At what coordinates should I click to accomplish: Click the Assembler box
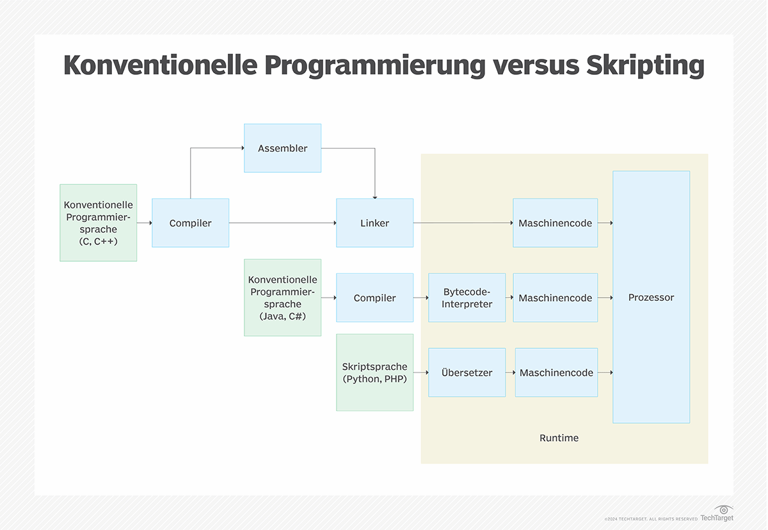(x=282, y=148)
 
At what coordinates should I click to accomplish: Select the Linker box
(x=375, y=223)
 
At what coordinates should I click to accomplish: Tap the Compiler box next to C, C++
(x=190, y=223)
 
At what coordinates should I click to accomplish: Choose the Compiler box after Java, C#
(x=375, y=298)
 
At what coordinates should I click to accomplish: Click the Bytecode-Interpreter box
(x=467, y=298)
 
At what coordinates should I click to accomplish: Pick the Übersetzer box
(x=467, y=373)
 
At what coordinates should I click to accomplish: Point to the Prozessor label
(x=651, y=297)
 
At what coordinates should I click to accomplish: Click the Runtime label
(x=559, y=438)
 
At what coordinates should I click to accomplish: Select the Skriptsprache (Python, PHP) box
(x=375, y=373)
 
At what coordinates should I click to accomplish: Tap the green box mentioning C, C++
(x=99, y=223)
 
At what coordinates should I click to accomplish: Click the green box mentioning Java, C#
(x=282, y=298)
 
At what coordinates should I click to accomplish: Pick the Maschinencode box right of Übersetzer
(x=556, y=373)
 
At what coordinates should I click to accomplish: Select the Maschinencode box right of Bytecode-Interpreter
(x=556, y=298)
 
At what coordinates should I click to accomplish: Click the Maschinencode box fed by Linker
(x=556, y=223)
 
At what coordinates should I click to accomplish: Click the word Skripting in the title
(x=645, y=65)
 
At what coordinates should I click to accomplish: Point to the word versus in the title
(x=536, y=65)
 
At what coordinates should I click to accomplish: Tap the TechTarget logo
(x=717, y=513)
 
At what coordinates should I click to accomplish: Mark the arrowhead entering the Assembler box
(x=243, y=148)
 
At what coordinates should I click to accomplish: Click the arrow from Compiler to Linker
(x=283, y=223)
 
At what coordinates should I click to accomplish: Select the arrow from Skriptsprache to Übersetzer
(x=421, y=373)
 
